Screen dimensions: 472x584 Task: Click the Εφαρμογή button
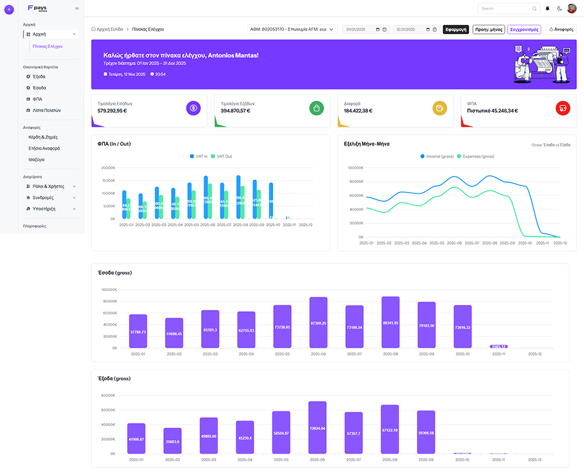pyautogui.click(x=456, y=29)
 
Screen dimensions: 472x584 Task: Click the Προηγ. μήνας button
pyautogui.click(x=488, y=29)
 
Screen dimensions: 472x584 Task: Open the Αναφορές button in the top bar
pyautogui.click(x=561, y=29)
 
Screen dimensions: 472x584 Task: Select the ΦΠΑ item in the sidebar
pyautogui.click(x=38, y=99)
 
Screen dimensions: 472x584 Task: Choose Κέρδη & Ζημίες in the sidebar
pyautogui.click(x=44, y=136)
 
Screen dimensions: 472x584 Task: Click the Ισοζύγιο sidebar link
pyautogui.click(x=38, y=159)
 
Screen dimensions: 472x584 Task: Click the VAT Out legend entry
pyautogui.click(x=221, y=156)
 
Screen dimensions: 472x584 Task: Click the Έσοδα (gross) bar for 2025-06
pyautogui.click(x=318, y=322)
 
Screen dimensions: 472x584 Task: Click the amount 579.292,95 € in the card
pyautogui.click(x=112, y=110)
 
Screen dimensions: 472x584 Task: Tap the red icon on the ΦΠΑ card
pyautogui.click(x=562, y=108)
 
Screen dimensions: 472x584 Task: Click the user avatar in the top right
pyautogui.click(x=571, y=8)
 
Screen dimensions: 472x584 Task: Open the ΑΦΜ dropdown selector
pyautogui.click(x=292, y=29)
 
